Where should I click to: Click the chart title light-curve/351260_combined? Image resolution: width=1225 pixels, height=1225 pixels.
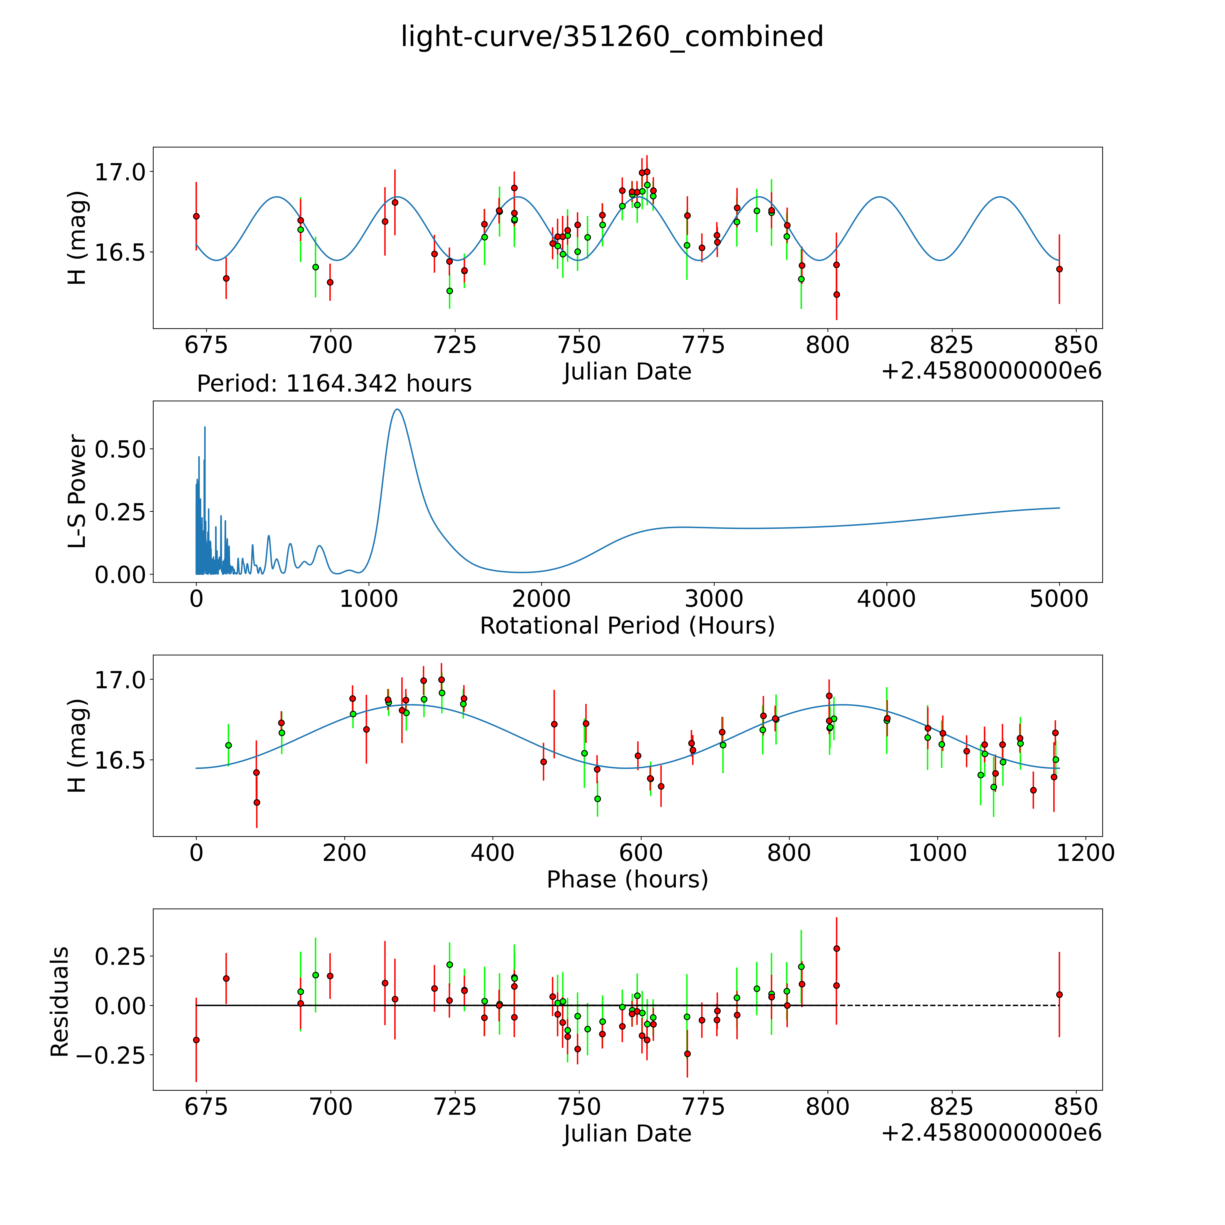pos(612,37)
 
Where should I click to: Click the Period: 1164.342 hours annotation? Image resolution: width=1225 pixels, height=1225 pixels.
pos(334,384)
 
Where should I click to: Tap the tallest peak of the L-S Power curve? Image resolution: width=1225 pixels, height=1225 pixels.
pos(397,410)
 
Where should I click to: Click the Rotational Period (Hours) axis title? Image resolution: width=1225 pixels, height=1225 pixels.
pos(627,626)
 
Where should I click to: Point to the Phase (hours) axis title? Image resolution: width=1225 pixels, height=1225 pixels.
pos(627,880)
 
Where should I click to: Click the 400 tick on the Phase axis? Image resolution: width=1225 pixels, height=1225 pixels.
pos(493,853)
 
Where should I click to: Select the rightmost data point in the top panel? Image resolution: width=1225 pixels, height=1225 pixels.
pos(1059,269)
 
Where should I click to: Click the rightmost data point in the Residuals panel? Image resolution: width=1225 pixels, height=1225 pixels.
pos(1059,995)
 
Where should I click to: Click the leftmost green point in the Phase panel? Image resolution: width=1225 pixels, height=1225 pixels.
pos(228,745)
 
